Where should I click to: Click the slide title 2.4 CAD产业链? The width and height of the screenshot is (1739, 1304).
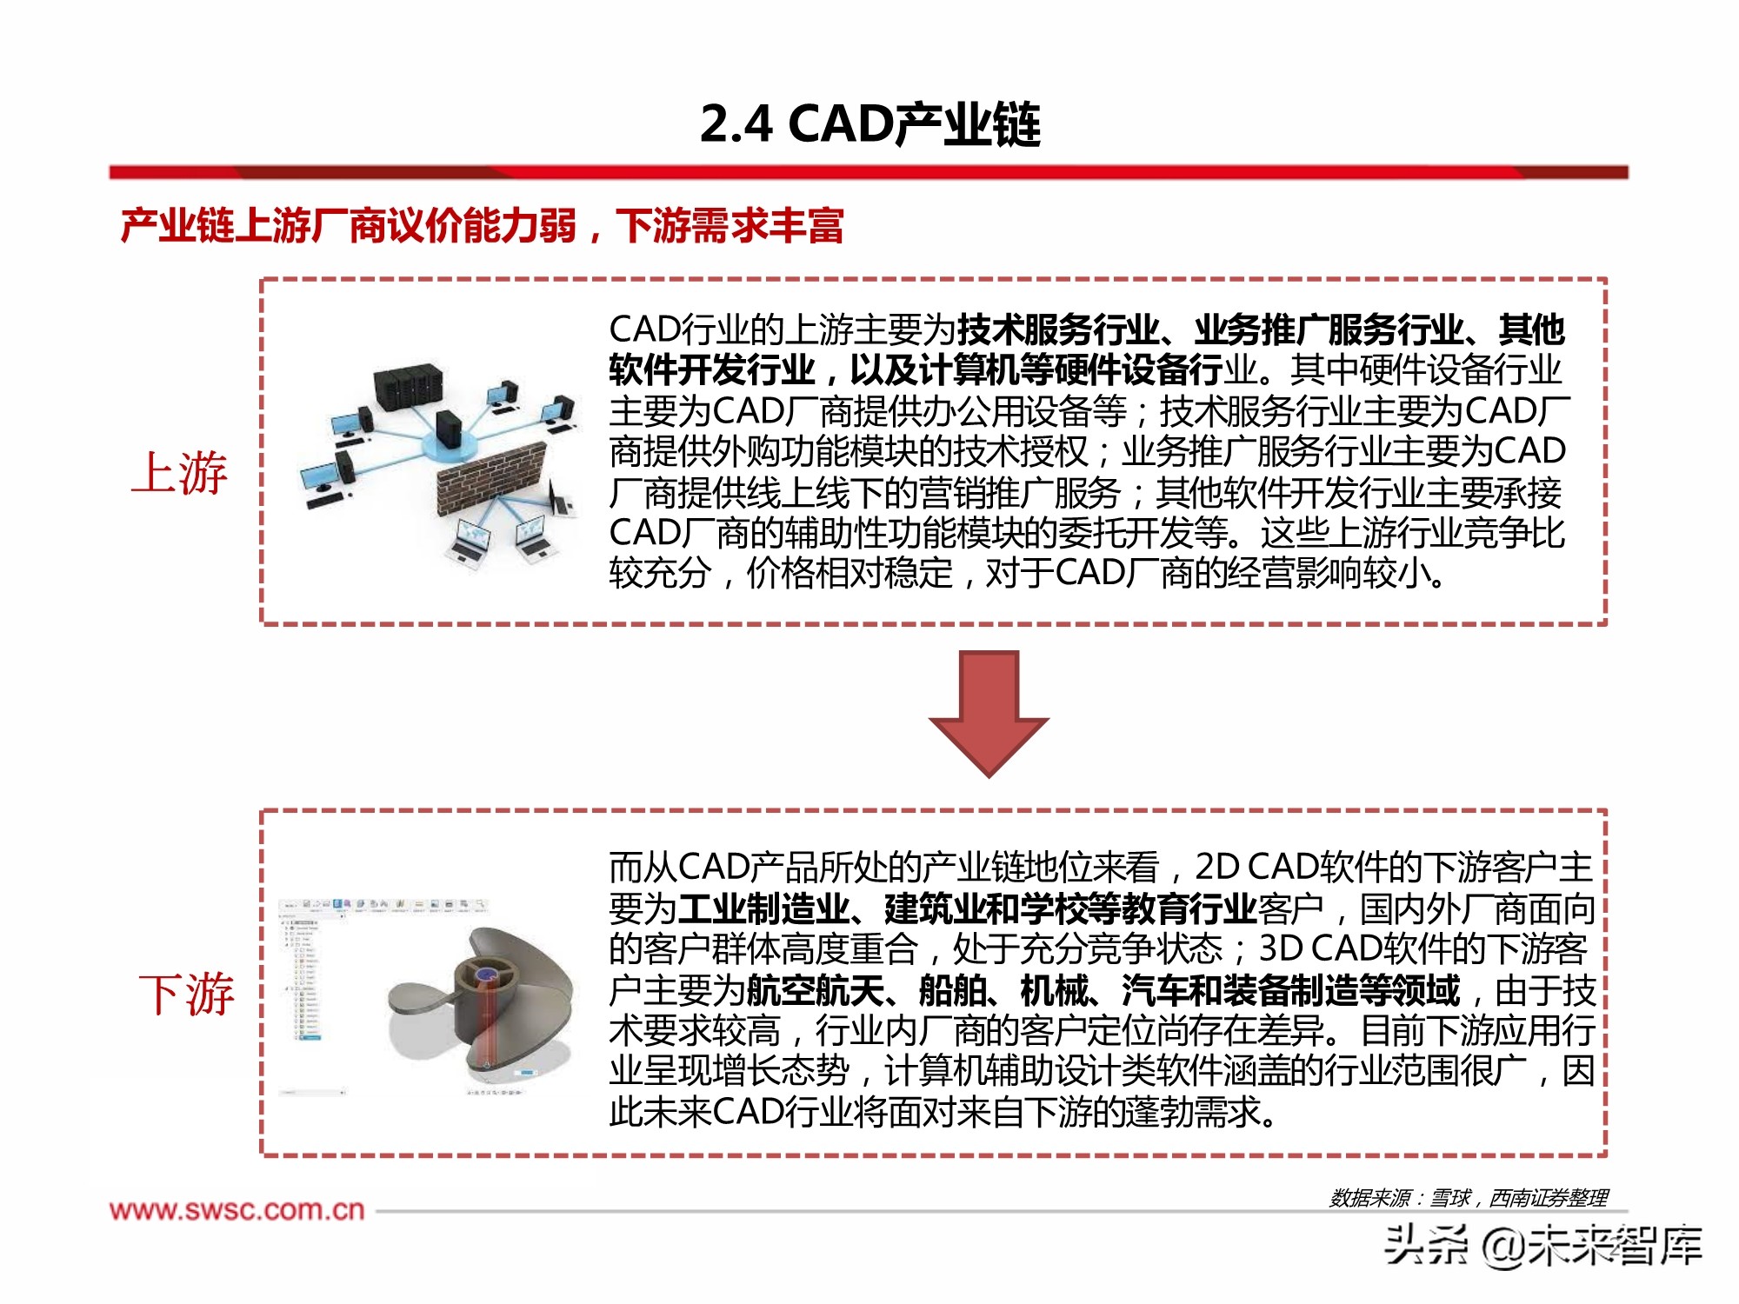(x=869, y=124)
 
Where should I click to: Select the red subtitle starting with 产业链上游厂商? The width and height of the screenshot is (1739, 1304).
(x=483, y=226)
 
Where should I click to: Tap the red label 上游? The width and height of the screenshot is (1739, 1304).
(x=180, y=473)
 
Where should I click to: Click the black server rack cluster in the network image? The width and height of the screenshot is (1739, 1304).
(x=407, y=387)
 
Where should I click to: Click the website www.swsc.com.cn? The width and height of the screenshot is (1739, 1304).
(x=237, y=1210)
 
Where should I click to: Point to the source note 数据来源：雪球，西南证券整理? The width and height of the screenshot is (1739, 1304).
(x=1468, y=1198)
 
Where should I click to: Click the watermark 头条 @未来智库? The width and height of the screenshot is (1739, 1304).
(x=1542, y=1245)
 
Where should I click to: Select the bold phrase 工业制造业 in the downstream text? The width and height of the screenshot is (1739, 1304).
(x=763, y=909)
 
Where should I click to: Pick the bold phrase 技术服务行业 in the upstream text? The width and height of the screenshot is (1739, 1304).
(x=1057, y=329)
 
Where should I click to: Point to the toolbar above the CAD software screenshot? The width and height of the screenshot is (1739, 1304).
(x=383, y=906)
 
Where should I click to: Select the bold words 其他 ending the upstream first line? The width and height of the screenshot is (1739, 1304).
(x=1531, y=329)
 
